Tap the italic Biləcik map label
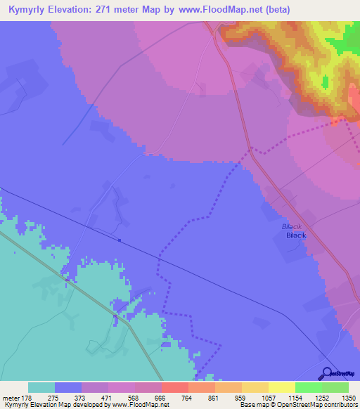pos(291,228)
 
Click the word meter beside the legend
pos(11,398)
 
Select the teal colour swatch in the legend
pos(41,387)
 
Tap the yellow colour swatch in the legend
pos(281,387)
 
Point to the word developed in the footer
pos(75,405)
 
